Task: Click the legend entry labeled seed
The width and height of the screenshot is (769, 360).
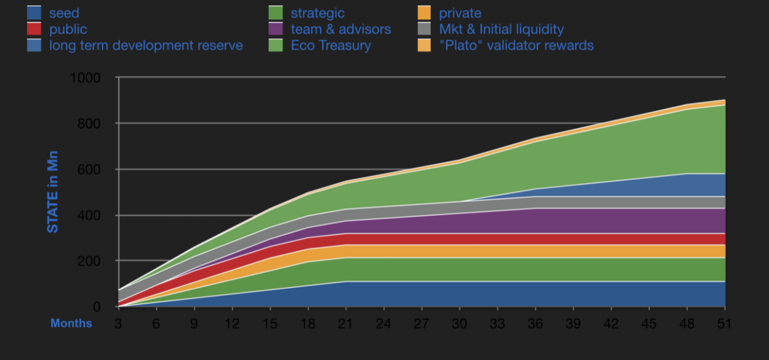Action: click(x=64, y=13)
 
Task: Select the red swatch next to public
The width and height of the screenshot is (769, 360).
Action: click(x=35, y=29)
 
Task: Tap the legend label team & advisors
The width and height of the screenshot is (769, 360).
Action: click(x=340, y=29)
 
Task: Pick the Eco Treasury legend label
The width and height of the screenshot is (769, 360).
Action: click(x=331, y=45)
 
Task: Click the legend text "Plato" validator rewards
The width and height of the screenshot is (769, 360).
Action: click(x=516, y=45)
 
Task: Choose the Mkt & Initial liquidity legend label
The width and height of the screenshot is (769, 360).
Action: click(x=501, y=29)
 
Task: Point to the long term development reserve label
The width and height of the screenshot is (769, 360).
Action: click(x=146, y=45)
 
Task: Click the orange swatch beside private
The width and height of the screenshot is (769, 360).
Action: click(x=422, y=13)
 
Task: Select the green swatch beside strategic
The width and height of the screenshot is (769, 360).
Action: click(x=276, y=13)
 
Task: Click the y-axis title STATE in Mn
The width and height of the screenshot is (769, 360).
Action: click(x=53, y=192)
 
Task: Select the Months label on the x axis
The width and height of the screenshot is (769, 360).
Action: click(x=71, y=323)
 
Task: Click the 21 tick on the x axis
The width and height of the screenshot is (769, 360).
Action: click(x=346, y=323)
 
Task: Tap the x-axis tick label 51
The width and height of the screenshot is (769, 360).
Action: click(x=725, y=323)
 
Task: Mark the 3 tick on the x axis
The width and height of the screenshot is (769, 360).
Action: click(x=118, y=323)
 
